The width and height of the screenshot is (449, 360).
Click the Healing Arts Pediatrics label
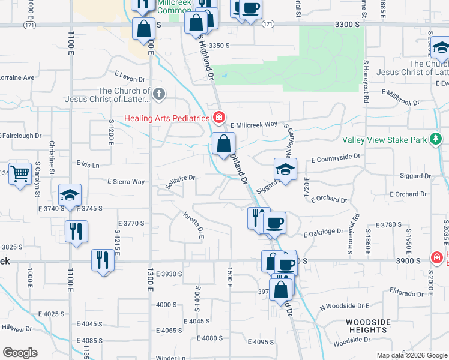[x=167, y=118]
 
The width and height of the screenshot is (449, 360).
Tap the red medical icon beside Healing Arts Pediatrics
[x=220, y=117]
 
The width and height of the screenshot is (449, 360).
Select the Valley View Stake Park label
[x=384, y=140]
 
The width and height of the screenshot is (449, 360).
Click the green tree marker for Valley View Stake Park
[x=436, y=140]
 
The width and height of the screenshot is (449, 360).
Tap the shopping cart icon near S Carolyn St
[x=20, y=173]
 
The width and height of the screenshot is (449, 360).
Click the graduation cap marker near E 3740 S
[x=70, y=194]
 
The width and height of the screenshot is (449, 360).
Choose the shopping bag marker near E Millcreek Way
[x=223, y=143]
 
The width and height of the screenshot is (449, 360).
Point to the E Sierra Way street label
[x=126, y=181]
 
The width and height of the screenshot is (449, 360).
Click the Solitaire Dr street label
[x=180, y=178]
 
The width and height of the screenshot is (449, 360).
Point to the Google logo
[x=20, y=353]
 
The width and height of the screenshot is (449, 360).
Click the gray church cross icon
[x=158, y=94]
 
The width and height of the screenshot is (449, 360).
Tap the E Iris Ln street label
[x=88, y=164]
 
